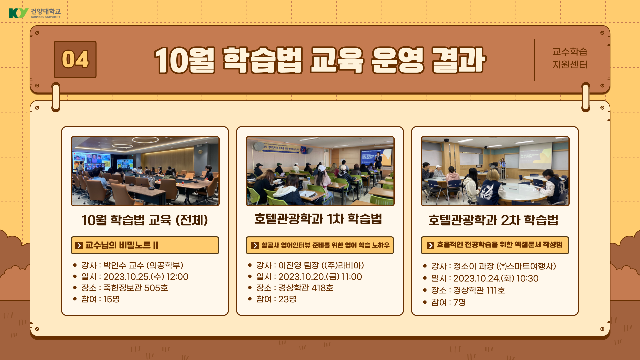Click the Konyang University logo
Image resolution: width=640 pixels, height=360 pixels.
pos(35,13)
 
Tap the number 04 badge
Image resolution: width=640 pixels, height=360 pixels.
pos(75,60)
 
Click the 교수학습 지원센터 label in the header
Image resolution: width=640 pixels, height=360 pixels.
pos(570,58)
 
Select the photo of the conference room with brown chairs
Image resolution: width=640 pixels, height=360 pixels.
pos(145,171)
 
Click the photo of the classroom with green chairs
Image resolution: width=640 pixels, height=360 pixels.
pos(320,171)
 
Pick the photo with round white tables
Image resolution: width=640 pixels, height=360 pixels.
pos(495,171)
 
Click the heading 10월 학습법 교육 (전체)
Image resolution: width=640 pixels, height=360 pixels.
pos(145,220)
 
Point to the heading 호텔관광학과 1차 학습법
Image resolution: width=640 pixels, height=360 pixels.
pos(318,219)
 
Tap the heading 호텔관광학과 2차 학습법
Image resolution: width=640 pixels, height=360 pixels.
pos(493,220)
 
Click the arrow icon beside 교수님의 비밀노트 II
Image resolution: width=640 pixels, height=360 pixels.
pos(79,245)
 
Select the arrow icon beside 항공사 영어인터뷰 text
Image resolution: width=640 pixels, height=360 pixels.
pos(255,245)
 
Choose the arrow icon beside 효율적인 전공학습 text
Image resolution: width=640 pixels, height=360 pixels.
pos(430,245)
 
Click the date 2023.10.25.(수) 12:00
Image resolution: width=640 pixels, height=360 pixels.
pos(146,277)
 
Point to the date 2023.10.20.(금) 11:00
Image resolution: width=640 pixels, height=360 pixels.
pos(320,277)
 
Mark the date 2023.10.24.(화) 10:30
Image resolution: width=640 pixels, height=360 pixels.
pos(496,278)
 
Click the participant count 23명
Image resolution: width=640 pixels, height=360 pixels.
pos(287,299)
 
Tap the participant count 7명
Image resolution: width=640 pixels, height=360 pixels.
pos(459,302)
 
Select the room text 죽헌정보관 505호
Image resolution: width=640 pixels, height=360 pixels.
pos(136,288)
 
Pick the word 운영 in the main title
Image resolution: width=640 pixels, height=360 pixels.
pos(397,60)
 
